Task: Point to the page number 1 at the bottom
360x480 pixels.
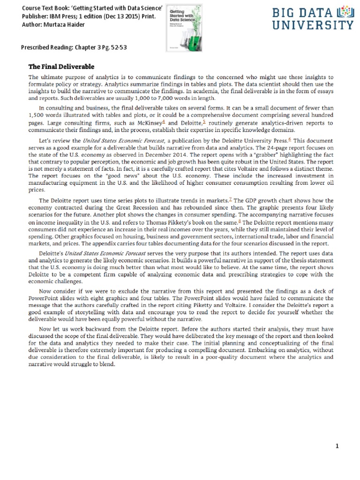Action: tap(337, 446)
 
